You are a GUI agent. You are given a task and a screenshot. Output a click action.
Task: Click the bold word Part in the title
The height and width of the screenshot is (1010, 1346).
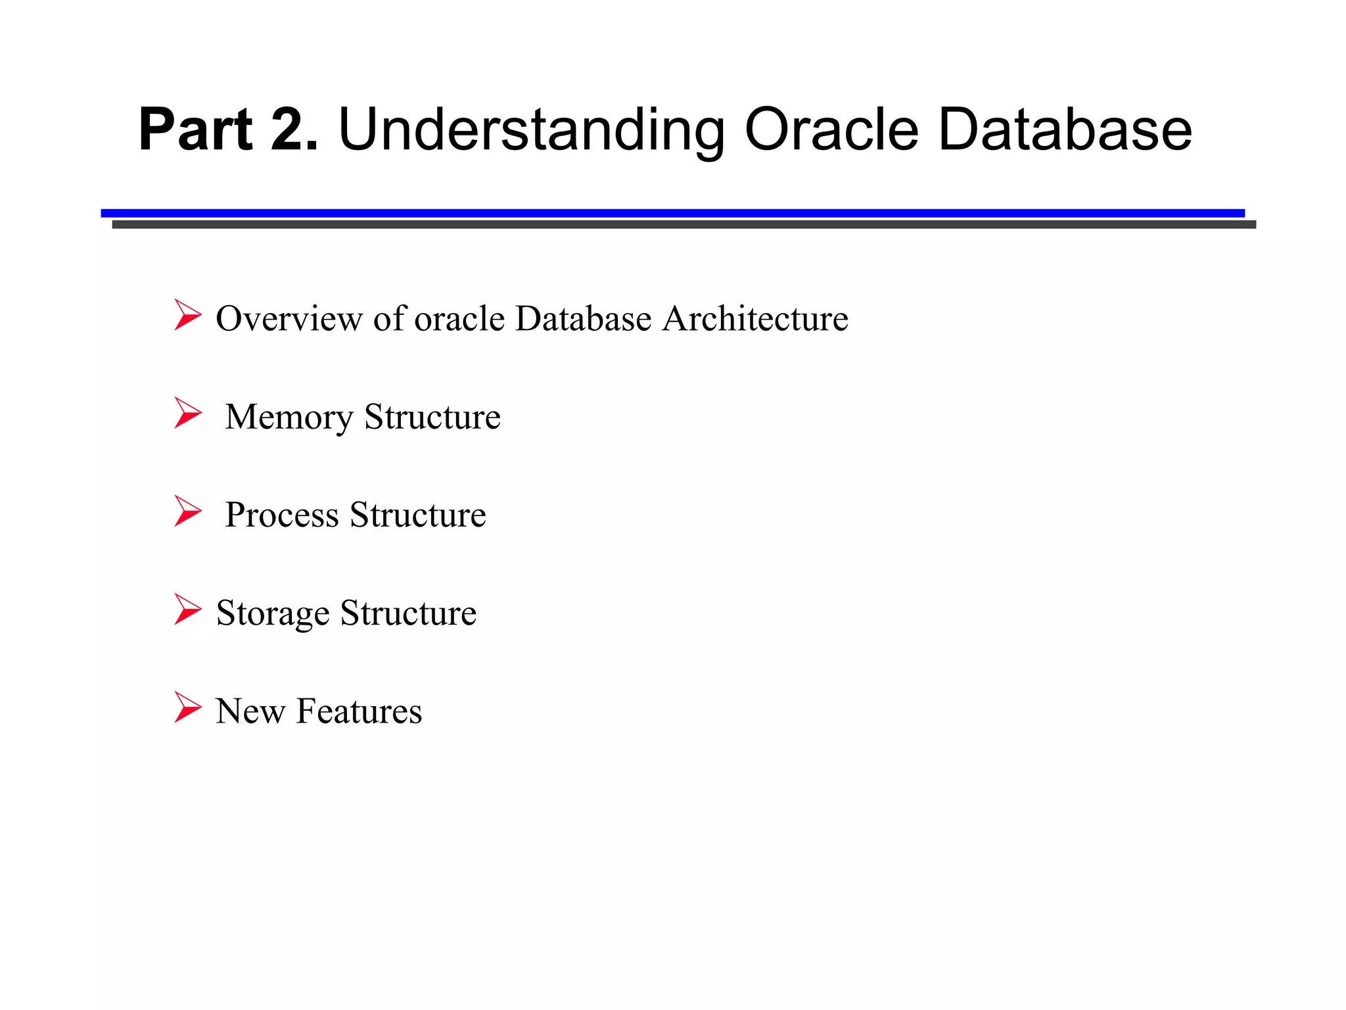(x=195, y=130)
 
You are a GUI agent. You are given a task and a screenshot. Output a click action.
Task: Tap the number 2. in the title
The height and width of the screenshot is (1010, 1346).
(x=294, y=130)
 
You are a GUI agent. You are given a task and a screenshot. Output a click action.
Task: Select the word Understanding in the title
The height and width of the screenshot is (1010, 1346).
(x=531, y=130)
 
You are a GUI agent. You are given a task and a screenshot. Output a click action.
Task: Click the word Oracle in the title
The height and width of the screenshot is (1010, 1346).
(x=831, y=130)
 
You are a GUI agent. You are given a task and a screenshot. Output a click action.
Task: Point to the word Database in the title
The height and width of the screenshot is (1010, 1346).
(x=1065, y=130)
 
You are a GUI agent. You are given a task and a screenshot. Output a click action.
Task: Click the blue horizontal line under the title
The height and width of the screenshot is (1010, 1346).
(x=672, y=212)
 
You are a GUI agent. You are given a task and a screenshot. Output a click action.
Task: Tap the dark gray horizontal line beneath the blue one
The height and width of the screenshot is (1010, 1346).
(x=684, y=224)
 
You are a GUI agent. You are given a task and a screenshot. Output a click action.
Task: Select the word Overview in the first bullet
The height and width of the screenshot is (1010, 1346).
(x=289, y=319)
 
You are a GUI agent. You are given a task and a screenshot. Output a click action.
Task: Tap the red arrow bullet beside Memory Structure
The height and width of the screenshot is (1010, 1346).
(x=187, y=413)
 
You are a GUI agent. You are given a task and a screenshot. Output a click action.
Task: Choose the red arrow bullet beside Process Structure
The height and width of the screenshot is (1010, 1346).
(x=187, y=511)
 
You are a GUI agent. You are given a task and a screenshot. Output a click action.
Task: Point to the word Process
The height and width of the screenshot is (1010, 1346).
(x=281, y=515)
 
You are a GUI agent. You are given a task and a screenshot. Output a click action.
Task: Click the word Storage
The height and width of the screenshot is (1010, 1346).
(x=273, y=613)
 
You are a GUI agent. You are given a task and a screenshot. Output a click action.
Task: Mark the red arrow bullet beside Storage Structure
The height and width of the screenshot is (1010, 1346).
(x=187, y=609)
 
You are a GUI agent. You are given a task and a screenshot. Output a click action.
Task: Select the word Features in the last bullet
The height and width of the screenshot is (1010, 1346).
(x=359, y=711)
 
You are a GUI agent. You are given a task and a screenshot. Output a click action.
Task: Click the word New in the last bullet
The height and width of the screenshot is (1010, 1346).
(x=250, y=711)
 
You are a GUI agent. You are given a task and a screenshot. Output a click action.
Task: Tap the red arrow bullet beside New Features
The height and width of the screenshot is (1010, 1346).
(x=187, y=707)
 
